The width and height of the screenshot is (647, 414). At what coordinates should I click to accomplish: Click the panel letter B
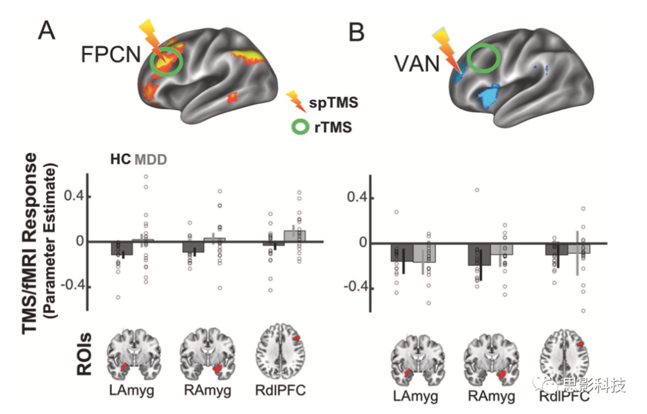pos(356,32)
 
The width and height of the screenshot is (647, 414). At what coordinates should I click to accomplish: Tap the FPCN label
pos(111,55)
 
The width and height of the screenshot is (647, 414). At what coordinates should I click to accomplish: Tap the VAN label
pos(417,64)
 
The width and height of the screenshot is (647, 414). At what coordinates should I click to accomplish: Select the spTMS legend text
pos(334,102)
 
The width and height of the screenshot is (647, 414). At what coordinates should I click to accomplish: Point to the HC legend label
pos(120,159)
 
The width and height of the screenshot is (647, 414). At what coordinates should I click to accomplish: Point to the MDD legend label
pos(150,159)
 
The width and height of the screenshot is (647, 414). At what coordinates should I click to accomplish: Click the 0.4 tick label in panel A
pos(74,196)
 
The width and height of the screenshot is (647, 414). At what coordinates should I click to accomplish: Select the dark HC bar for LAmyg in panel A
pos(122,248)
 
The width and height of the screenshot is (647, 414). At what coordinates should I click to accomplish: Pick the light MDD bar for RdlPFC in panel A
pos(295,236)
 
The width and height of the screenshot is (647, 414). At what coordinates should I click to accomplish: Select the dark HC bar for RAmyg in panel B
pos(479,254)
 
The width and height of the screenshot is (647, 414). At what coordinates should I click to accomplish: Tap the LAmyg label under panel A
pos(132,389)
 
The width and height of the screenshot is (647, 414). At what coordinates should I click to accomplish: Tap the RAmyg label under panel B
pos(491,396)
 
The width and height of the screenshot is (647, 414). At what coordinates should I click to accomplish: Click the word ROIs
pos(84,353)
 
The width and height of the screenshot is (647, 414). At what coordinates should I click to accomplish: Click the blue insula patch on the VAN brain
pos(489,95)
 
